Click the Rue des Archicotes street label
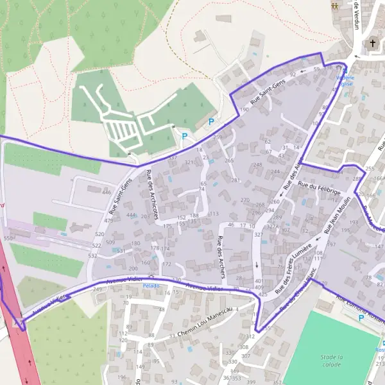152,194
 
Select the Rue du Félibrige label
319,185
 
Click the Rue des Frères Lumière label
293,269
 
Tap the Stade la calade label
331,360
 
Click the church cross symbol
373,44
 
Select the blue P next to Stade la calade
361,318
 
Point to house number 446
107,193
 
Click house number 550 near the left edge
8,238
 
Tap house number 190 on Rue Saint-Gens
244,110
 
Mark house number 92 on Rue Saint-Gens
293,75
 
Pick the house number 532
92,256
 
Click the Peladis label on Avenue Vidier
151,286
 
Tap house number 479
108,221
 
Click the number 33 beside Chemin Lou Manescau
172,336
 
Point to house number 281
235,180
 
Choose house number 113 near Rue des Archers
214,214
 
